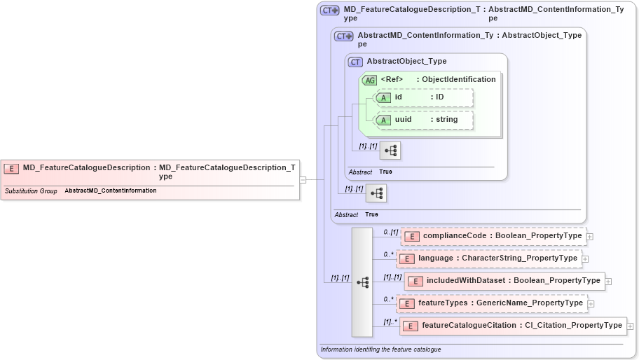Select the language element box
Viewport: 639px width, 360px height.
(488, 258)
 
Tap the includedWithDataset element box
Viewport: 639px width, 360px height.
(504, 281)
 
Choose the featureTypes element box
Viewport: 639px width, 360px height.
(491, 303)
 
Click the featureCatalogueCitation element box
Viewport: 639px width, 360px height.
(513, 326)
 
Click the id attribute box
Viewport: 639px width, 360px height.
(424, 97)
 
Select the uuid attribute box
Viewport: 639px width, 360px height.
(424, 120)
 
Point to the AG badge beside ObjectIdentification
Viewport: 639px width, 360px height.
(369, 80)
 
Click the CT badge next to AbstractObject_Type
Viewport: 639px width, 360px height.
(355, 62)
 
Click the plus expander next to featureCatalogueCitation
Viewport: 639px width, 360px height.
(631, 326)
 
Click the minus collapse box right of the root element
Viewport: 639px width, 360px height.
(303, 179)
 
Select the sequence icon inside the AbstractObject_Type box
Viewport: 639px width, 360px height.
(390, 150)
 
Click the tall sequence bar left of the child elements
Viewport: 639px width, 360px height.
(362, 282)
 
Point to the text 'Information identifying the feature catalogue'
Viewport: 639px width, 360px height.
(380, 349)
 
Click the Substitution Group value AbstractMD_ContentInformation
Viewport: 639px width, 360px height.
(111, 191)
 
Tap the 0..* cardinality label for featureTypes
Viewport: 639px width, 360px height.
(388, 299)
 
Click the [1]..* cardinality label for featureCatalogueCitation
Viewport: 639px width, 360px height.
(390, 321)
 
